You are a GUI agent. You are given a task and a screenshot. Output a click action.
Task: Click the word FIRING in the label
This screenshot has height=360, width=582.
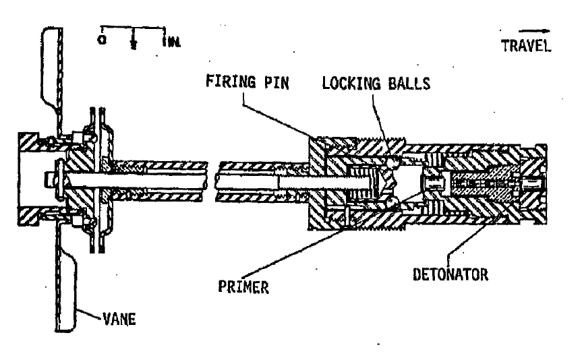point(231,81)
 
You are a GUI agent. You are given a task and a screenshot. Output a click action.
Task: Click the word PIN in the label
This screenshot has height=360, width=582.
point(277,82)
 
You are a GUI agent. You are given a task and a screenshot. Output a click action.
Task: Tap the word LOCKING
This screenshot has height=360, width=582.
point(351,83)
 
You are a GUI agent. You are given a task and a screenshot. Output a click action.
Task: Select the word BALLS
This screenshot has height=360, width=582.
point(409,84)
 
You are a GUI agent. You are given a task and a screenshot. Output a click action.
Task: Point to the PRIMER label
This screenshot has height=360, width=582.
point(243,287)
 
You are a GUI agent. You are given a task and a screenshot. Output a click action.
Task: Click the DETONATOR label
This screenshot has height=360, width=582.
point(450,274)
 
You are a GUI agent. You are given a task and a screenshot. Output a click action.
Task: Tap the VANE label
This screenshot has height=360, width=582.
point(119,319)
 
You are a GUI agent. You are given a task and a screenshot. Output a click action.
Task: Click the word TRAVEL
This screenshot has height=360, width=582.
point(526,46)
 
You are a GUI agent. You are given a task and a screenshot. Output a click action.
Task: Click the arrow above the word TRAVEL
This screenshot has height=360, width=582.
point(534,31)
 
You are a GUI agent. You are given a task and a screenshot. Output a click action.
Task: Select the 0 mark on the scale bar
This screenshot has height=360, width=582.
point(102,39)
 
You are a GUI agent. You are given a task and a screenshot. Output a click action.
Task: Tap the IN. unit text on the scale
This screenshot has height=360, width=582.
point(171,41)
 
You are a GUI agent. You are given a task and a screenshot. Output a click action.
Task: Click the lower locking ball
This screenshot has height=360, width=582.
point(392,202)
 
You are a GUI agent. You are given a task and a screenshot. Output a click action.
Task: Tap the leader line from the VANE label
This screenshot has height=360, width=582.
point(90,314)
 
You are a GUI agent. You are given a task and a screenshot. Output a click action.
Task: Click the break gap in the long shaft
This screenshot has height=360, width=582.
point(212,182)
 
